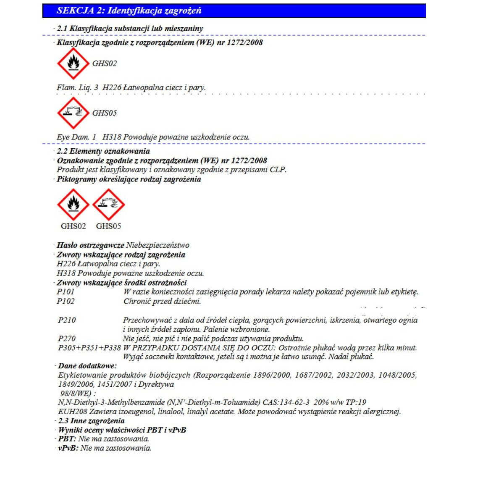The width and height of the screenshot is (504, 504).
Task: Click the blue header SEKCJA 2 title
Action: (x=129, y=10)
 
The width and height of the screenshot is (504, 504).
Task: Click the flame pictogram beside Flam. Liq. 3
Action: (x=73, y=63)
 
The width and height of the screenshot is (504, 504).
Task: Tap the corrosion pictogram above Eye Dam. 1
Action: (x=73, y=113)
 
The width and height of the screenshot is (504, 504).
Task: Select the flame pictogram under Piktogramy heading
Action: (x=73, y=205)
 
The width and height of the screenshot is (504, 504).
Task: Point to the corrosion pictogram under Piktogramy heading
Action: (x=108, y=205)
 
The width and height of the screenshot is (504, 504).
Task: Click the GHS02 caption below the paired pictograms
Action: (x=73, y=226)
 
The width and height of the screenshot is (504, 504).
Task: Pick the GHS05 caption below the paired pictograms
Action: (x=108, y=226)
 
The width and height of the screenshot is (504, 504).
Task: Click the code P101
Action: (x=66, y=291)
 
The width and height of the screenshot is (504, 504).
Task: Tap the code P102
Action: (x=66, y=301)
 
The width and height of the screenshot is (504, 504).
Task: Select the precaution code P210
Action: (x=67, y=320)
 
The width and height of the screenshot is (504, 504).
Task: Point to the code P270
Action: (x=67, y=339)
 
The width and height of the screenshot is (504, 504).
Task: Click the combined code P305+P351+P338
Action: (x=89, y=348)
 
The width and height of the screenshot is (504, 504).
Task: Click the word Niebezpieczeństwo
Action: (x=157, y=245)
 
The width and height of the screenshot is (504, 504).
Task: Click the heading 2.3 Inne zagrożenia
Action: (x=91, y=421)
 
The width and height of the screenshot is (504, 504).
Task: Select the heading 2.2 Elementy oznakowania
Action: (x=103, y=151)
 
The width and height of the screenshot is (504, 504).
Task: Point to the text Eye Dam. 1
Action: (x=76, y=137)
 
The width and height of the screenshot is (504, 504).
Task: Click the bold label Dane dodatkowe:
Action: (x=87, y=366)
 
